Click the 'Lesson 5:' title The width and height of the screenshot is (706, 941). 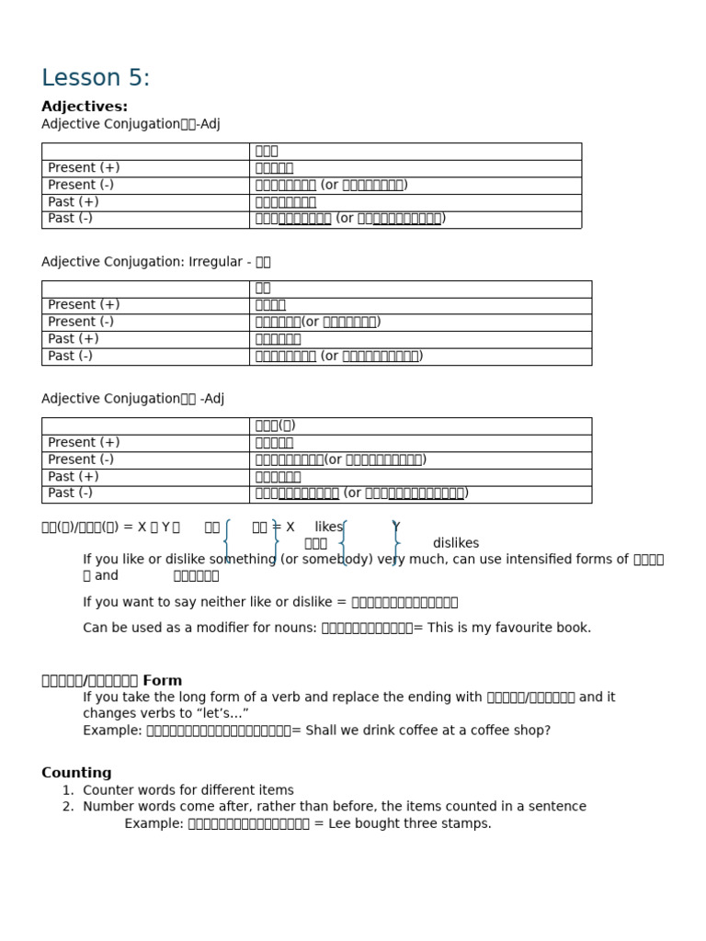(x=96, y=78)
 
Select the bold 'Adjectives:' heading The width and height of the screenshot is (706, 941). (x=85, y=107)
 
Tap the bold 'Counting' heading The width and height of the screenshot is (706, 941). (x=76, y=773)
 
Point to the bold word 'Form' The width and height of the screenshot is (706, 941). (x=163, y=681)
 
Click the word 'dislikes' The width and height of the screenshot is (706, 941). (x=455, y=543)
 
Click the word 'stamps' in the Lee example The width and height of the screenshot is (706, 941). (x=468, y=823)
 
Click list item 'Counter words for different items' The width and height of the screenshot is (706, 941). (x=188, y=790)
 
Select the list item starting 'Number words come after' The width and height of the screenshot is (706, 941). (x=334, y=807)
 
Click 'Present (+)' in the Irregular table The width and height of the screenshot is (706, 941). (x=84, y=305)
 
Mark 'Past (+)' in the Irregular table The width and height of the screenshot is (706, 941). (x=74, y=339)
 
